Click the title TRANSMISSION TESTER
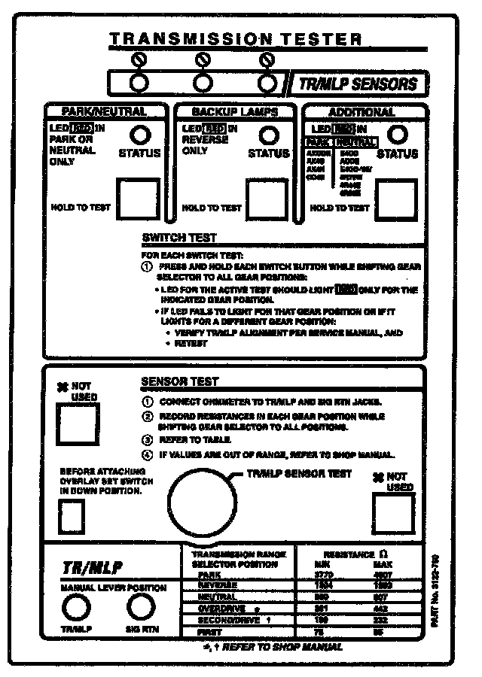(235, 39)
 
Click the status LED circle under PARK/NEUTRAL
(139, 135)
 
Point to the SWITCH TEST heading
(179, 238)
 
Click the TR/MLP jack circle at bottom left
(73, 606)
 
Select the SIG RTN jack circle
(139, 606)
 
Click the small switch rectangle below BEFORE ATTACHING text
(72, 517)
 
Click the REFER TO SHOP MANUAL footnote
(272, 646)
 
